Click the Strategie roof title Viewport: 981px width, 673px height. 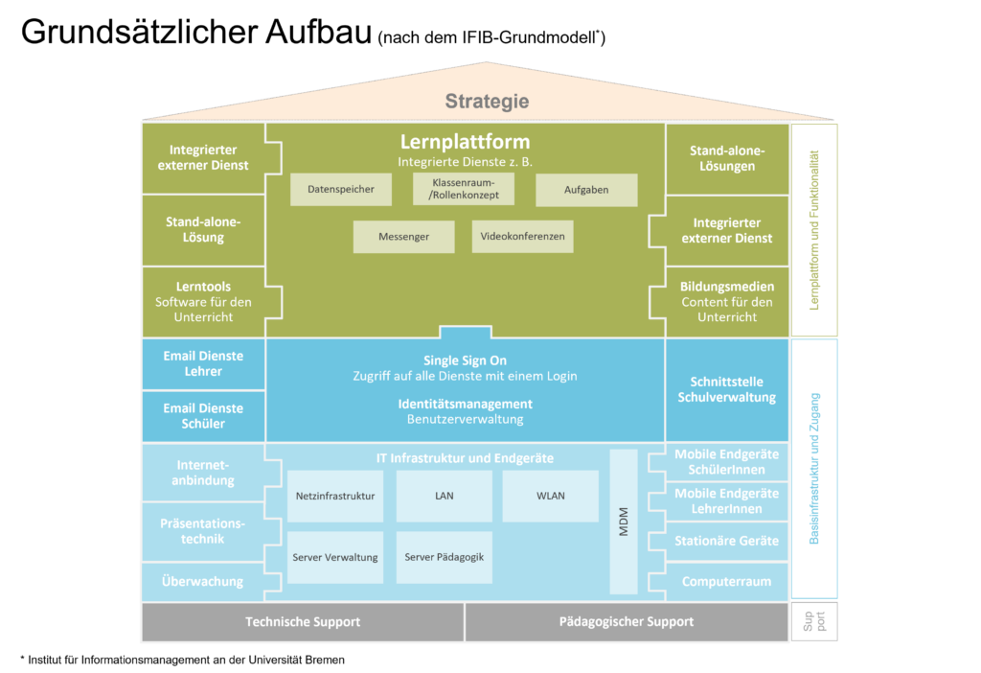[487, 102]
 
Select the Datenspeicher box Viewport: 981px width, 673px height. [341, 190]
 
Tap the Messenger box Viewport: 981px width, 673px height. [403, 236]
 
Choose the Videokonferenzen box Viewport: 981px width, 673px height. [522, 236]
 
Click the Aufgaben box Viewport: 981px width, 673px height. [586, 190]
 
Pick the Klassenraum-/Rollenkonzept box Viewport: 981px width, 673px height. [465, 189]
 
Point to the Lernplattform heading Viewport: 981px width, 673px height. [465, 143]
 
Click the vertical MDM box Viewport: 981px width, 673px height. [624, 521]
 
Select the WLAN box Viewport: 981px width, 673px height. [551, 496]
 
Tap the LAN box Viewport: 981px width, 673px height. [444, 496]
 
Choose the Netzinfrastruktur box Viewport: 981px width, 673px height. [335, 496]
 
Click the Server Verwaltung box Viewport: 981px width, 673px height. [335, 557]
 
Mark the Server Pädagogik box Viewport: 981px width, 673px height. [444, 557]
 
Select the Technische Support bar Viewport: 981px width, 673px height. [303, 622]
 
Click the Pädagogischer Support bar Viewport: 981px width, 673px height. [627, 622]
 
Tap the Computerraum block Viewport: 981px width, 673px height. [726, 581]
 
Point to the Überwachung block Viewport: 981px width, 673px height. [203, 581]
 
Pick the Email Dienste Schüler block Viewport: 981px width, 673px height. [203, 416]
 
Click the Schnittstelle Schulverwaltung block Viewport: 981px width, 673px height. [726, 389]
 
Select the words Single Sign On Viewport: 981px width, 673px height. [465, 360]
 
